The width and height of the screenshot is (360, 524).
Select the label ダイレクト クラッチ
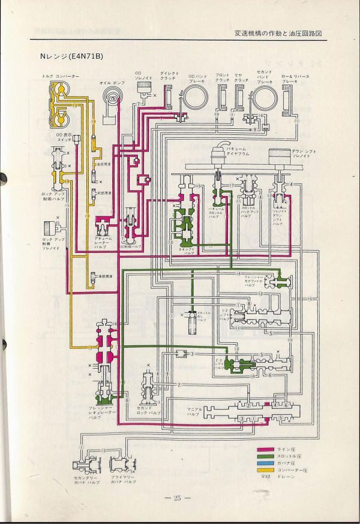pyautogui.click(x=168, y=76)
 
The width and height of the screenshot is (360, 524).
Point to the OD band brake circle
pyautogui.click(x=196, y=96)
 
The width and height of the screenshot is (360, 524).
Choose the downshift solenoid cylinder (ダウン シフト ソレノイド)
pyautogui.click(x=278, y=159)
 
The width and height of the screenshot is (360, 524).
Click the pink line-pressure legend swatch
pyautogui.click(x=265, y=449)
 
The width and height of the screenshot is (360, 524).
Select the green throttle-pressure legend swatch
pyautogui.click(x=265, y=457)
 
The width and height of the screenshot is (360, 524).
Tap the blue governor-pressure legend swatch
pyautogui.click(x=265, y=464)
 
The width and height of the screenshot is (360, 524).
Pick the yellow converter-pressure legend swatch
pyautogui.click(x=265, y=471)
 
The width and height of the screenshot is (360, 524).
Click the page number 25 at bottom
pyautogui.click(x=177, y=499)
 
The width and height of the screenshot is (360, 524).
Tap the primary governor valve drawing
pyautogui.click(x=124, y=465)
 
